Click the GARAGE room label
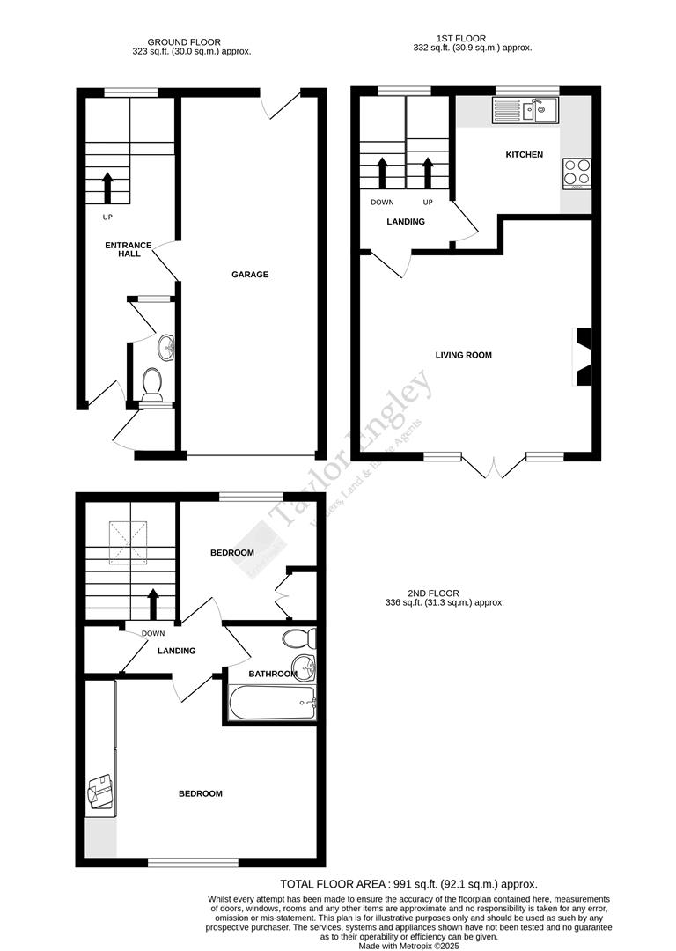[x=250, y=275]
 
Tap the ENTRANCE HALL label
[x=129, y=249]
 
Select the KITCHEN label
[x=524, y=155]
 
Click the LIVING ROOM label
[x=463, y=356]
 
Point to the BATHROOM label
[x=272, y=675]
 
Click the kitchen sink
[x=525, y=110]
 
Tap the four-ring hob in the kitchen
[x=577, y=173]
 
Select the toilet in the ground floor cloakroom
[x=152, y=384]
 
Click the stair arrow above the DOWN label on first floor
[x=382, y=173]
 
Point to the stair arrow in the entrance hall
[x=108, y=188]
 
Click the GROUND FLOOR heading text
[x=184, y=42]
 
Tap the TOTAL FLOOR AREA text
[x=408, y=884]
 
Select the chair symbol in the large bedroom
[x=99, y=792]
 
